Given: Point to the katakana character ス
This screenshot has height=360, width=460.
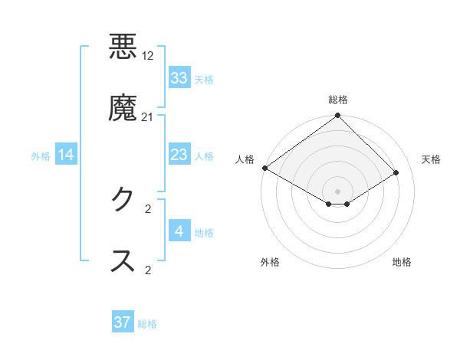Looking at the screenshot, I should [123, 260].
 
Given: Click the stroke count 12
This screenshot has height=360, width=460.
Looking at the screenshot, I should [149, 55].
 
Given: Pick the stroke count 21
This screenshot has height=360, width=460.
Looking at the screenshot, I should [148, 116].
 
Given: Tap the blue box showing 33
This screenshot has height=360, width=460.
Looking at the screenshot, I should [179, 78].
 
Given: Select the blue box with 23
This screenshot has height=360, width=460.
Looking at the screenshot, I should [179, 155].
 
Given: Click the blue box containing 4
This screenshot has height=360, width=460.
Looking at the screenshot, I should [179, 231].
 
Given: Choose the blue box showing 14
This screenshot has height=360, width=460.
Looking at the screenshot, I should [66, 155].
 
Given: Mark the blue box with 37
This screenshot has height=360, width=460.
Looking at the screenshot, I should [123, 322].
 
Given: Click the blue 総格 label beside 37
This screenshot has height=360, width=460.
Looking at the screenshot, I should [147, 324].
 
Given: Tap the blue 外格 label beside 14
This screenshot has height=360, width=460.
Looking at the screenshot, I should [41, 156].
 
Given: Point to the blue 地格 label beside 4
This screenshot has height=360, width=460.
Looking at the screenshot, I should [204, 233].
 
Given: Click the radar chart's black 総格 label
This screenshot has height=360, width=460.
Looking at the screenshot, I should [338, 100].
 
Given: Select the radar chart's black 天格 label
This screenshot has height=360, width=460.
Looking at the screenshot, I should [432, 159].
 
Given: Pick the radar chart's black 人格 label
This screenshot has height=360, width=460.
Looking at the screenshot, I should [245, 159].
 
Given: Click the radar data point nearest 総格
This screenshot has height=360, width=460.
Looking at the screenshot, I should [338, 116].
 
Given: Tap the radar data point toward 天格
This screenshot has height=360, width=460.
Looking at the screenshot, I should [396, 173].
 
